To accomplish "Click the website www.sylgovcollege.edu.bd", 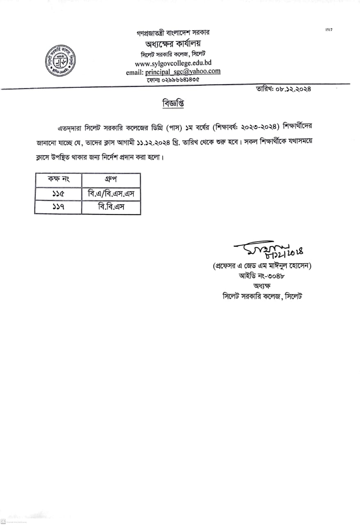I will click(173, 64).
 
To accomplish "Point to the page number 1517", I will click(328, 30).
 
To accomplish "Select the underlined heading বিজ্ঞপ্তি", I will click(173, 103).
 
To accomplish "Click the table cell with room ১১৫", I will click(58, 194).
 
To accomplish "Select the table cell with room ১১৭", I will click(58, 208).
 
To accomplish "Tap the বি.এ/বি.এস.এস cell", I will click(111, 194).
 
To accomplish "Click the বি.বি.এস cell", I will click(111, 208).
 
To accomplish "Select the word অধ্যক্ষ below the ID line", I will click(262, 285).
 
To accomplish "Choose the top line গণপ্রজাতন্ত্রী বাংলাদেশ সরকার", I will click(173, 33).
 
